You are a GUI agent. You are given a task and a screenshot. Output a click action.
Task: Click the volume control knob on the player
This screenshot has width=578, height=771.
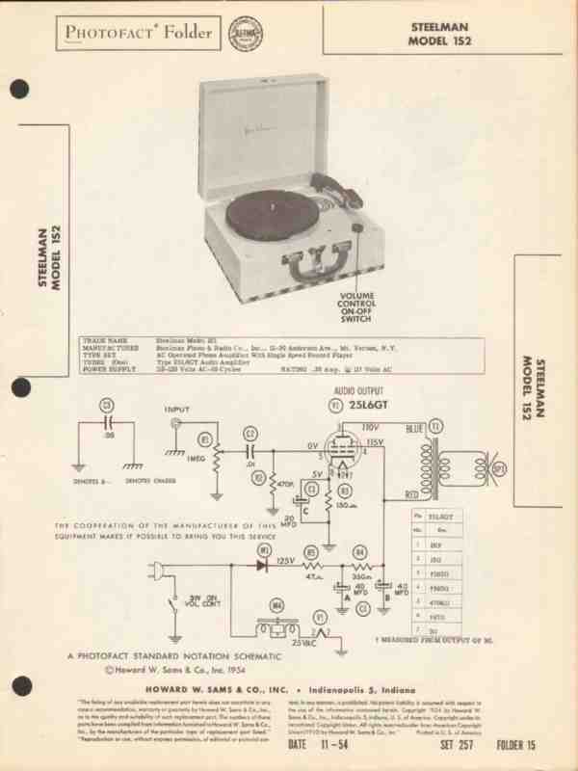tap(357, 229)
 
